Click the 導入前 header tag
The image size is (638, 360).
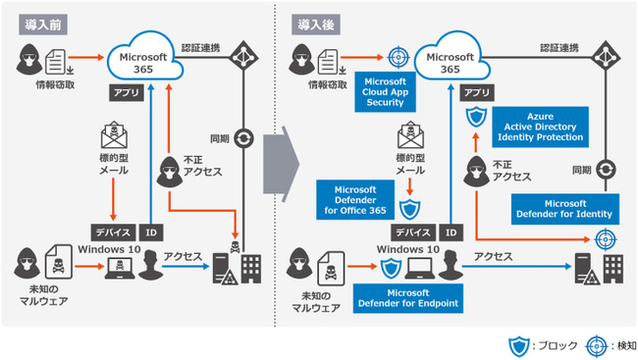[36, 23]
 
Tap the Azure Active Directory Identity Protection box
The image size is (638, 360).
[541, 126]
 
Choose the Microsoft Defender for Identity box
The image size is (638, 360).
[564, 208]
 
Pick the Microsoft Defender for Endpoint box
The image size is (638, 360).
[407, 296]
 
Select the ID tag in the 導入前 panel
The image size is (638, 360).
[150, 232]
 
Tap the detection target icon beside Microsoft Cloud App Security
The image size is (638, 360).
[398, 58]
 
